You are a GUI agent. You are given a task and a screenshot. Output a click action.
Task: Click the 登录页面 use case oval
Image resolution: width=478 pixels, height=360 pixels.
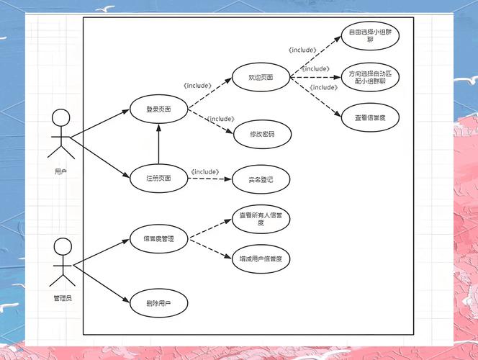click(x=158, y=109)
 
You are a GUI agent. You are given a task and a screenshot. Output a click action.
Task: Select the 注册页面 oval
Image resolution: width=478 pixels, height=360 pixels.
click(x=158, y=177)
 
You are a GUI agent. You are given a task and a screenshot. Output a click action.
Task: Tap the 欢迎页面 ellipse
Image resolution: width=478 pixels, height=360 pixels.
click(x=260, y=76)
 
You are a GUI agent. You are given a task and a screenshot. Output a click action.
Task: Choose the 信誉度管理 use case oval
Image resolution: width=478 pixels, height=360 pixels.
click(x=158, y=238)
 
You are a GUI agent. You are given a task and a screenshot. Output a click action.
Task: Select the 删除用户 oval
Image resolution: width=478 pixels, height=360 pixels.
click(x=158, y=303)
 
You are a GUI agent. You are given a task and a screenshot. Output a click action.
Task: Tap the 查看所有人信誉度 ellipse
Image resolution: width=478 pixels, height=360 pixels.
click(x=261, y=219)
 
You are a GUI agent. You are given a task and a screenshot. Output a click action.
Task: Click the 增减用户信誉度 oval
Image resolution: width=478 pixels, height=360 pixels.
click(x=261, y=258)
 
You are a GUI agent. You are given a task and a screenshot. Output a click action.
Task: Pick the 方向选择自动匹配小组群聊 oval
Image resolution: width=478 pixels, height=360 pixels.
click(x=370, y=78)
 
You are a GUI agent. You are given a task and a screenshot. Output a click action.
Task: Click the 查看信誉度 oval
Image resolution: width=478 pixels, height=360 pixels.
click(x=370, y=117)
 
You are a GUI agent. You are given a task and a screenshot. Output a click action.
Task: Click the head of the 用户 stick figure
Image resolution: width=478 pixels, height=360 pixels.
click(x=61, y=118)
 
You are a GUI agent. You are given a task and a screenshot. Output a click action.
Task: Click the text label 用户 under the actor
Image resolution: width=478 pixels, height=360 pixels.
click(x=61, y=172)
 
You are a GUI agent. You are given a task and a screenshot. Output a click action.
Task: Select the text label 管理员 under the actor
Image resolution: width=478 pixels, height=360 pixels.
click(x=63, y=297)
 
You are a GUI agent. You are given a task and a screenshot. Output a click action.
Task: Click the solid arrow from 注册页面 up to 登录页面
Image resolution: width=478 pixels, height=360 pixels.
click(x=158, y=144)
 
